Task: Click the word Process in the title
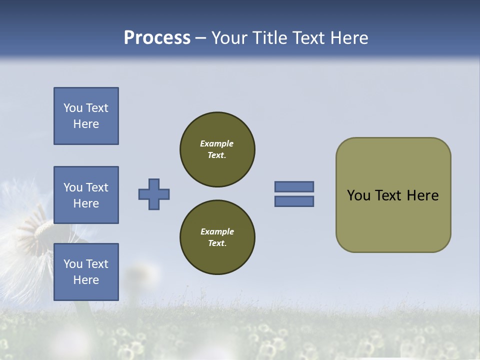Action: (x=157, y=38)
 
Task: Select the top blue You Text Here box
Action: (x=86, y=116)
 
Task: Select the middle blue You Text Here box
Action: (x=86, y=195)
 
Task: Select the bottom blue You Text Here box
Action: (x=86, y=272)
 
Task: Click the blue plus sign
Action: (x=154, y=194)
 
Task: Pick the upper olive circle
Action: (x=217, y=149)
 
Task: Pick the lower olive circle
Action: (x=217, y=237)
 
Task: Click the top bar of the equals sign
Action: (x=294, y=186)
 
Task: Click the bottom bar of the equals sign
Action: (x=294, y=201)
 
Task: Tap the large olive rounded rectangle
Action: (x=393, y=220)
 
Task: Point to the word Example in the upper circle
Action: (x=217, y=143)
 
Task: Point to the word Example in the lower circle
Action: (x=217, y=231)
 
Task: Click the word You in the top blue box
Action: (x=73, y=108)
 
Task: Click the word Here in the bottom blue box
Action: (x=86, y=280)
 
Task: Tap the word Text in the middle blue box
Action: (x=97, y=187)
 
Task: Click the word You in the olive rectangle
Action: (x=358, y=195)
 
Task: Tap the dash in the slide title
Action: (x=201, y=38)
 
